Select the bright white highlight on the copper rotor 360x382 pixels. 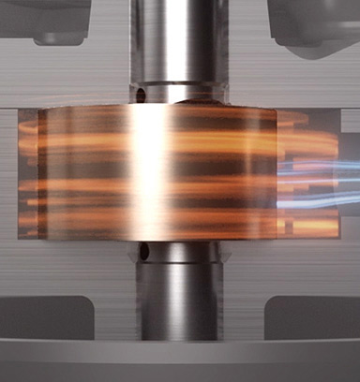click(x=147, y=169)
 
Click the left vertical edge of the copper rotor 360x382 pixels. click(x=44, y=173)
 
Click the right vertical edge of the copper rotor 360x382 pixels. click(x=276, y=173)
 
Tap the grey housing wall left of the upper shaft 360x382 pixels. click(x=75, y=75)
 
